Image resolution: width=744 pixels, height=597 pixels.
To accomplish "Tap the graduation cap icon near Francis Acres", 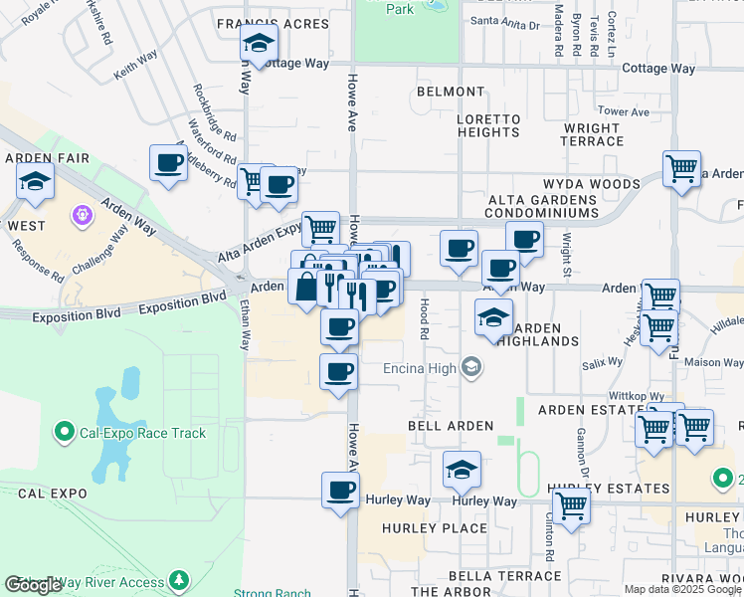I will click(259, 45).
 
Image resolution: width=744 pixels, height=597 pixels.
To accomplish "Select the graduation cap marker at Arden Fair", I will click(35, 182).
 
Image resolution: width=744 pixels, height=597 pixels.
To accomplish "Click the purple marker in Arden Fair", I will click(82, 214).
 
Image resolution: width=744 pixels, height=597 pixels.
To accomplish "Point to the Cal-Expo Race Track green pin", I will click(65, 432).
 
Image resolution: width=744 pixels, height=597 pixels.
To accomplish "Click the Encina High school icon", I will click(471, 368).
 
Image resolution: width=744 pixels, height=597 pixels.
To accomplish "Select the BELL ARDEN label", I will click(451, 426).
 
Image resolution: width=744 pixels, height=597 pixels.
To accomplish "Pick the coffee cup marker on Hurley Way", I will click(341, 492).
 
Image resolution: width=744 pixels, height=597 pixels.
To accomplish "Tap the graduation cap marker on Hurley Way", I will click(461, 470).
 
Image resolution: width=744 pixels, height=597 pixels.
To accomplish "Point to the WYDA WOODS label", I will click(591, 184).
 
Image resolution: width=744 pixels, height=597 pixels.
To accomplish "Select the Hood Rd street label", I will click(424, 319).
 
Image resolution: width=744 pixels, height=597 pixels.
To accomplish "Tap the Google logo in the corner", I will click(33, 585).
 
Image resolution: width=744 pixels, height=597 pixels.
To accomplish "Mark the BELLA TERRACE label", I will click(504, 576).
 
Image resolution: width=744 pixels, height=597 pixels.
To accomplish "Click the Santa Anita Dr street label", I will click(504, 21).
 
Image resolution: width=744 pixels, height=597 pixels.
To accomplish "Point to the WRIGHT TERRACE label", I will click(593, 134).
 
